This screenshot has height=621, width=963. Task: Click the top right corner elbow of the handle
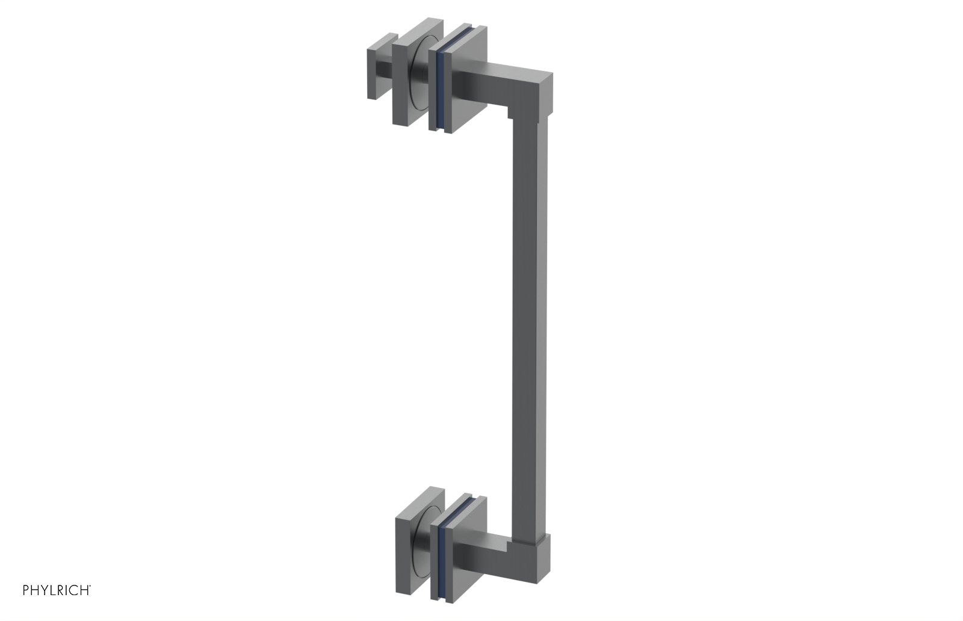click(536, 90)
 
